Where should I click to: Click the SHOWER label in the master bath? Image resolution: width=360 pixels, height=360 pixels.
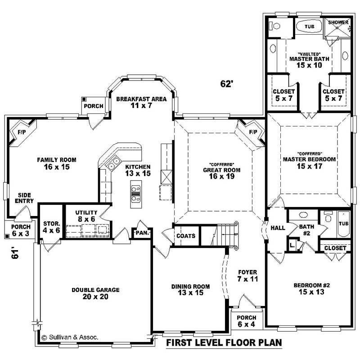[338, 22]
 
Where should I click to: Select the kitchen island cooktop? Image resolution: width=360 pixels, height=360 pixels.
[135, 194]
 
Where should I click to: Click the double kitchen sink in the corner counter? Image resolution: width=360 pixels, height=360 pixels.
[113, 162]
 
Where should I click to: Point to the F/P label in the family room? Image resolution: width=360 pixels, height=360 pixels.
[22, 132]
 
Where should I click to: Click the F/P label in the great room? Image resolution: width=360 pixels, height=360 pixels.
[253, 132]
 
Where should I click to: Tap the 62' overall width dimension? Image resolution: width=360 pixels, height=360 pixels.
[227, 84]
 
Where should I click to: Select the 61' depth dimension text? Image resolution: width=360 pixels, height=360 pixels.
[15, 253]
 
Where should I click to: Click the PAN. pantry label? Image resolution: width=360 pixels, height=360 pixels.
[142, 233]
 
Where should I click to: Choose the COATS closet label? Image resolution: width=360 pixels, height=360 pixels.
[186, 236]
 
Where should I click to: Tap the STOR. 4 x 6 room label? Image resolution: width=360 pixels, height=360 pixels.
[51, 227]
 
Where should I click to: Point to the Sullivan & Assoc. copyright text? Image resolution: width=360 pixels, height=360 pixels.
[70, 337]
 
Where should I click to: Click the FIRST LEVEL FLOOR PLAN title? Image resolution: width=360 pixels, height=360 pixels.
[224, 342]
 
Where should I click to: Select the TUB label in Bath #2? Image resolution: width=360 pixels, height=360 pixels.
[343, 223]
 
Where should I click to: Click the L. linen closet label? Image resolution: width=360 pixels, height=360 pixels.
[292, 245]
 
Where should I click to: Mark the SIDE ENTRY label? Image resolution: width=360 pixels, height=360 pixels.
[24, 198]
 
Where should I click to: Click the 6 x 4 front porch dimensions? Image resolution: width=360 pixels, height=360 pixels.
[246, 324]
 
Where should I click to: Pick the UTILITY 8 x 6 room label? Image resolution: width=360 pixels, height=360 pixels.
[86, 216]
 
